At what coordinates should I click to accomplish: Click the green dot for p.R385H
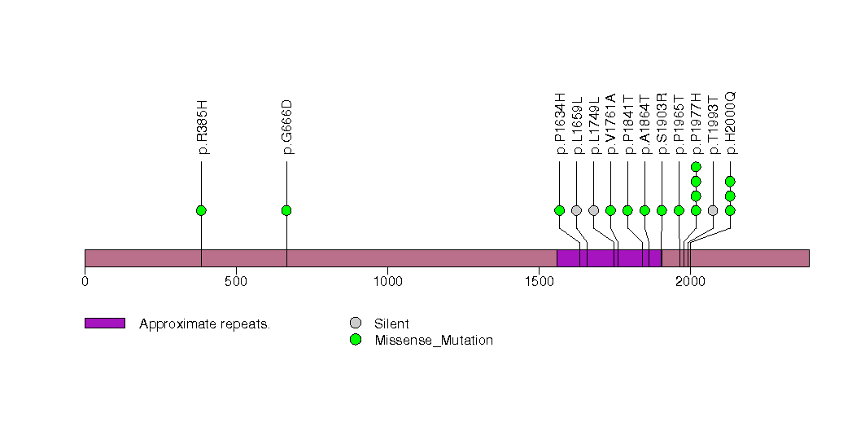(201, 210)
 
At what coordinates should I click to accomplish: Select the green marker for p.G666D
(286, 210)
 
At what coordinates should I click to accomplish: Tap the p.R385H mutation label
(202, 128)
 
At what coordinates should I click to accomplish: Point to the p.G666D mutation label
(287, 127)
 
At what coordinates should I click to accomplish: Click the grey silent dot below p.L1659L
(576, 210)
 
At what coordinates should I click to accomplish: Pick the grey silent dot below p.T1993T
(713, 210)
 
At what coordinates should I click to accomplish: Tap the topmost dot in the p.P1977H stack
(696, 167)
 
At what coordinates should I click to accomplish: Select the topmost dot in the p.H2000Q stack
(730, 181)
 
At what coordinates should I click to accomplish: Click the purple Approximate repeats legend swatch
(104, 324)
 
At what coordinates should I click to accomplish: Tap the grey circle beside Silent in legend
(355, 324)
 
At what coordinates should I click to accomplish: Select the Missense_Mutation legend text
(434, 341)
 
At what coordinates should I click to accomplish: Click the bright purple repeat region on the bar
(609, 258)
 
